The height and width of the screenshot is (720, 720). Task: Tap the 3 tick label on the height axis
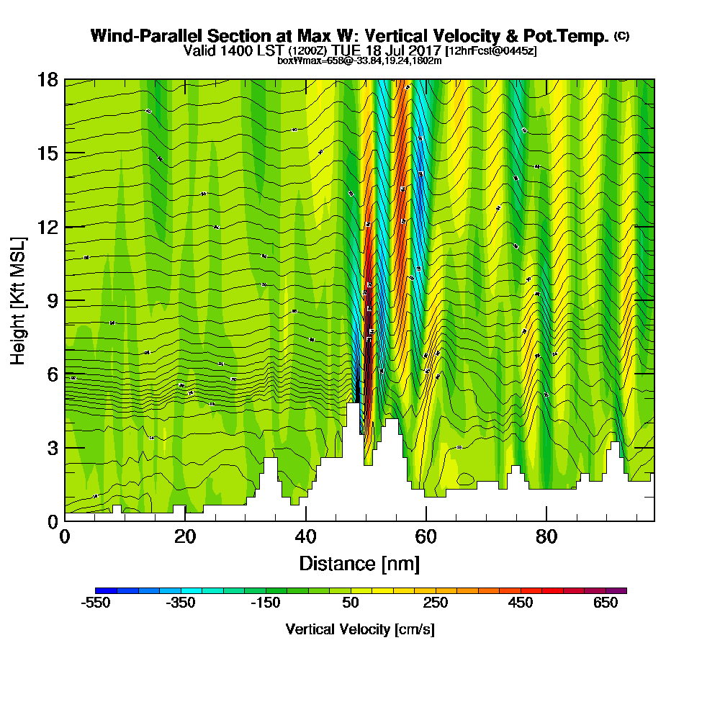[x=53, y=447]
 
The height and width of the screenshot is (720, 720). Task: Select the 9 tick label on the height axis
[x=53, y=300]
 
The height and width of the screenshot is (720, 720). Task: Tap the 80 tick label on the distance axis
[x=546, y=536]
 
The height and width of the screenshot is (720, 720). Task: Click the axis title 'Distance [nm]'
[x=359, y=563]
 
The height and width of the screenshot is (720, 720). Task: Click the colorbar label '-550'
[x=96, y=603]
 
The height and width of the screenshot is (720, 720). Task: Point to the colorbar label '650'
[x=606, y=603]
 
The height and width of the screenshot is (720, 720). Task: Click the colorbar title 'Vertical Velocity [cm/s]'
[x=360, y=629]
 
